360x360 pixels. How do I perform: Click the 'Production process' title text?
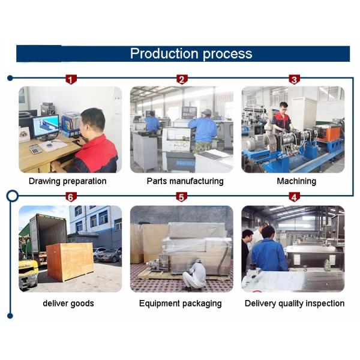coord(191,53)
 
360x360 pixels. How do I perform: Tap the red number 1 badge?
coord(71,79)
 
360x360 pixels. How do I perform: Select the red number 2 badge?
coord(182,79)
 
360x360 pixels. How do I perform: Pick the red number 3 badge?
coord(293,79)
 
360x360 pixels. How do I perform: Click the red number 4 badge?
coord(293,197)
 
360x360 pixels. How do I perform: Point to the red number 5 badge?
coord(182,197)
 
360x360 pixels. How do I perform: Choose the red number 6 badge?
coord(71,197)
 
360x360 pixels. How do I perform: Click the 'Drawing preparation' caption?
coord(67,181)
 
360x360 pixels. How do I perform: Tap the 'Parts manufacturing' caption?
coord(181,181)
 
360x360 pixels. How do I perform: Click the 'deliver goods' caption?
coord(68,303)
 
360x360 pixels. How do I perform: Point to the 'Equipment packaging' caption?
coord(180,303)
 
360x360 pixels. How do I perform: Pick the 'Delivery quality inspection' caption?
coord(294,303)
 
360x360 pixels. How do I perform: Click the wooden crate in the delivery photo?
coord(70,261)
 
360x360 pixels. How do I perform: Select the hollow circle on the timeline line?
coord(11,196)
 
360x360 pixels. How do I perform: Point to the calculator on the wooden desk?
coord(35,148)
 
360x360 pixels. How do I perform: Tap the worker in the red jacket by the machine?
coord(281,118)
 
